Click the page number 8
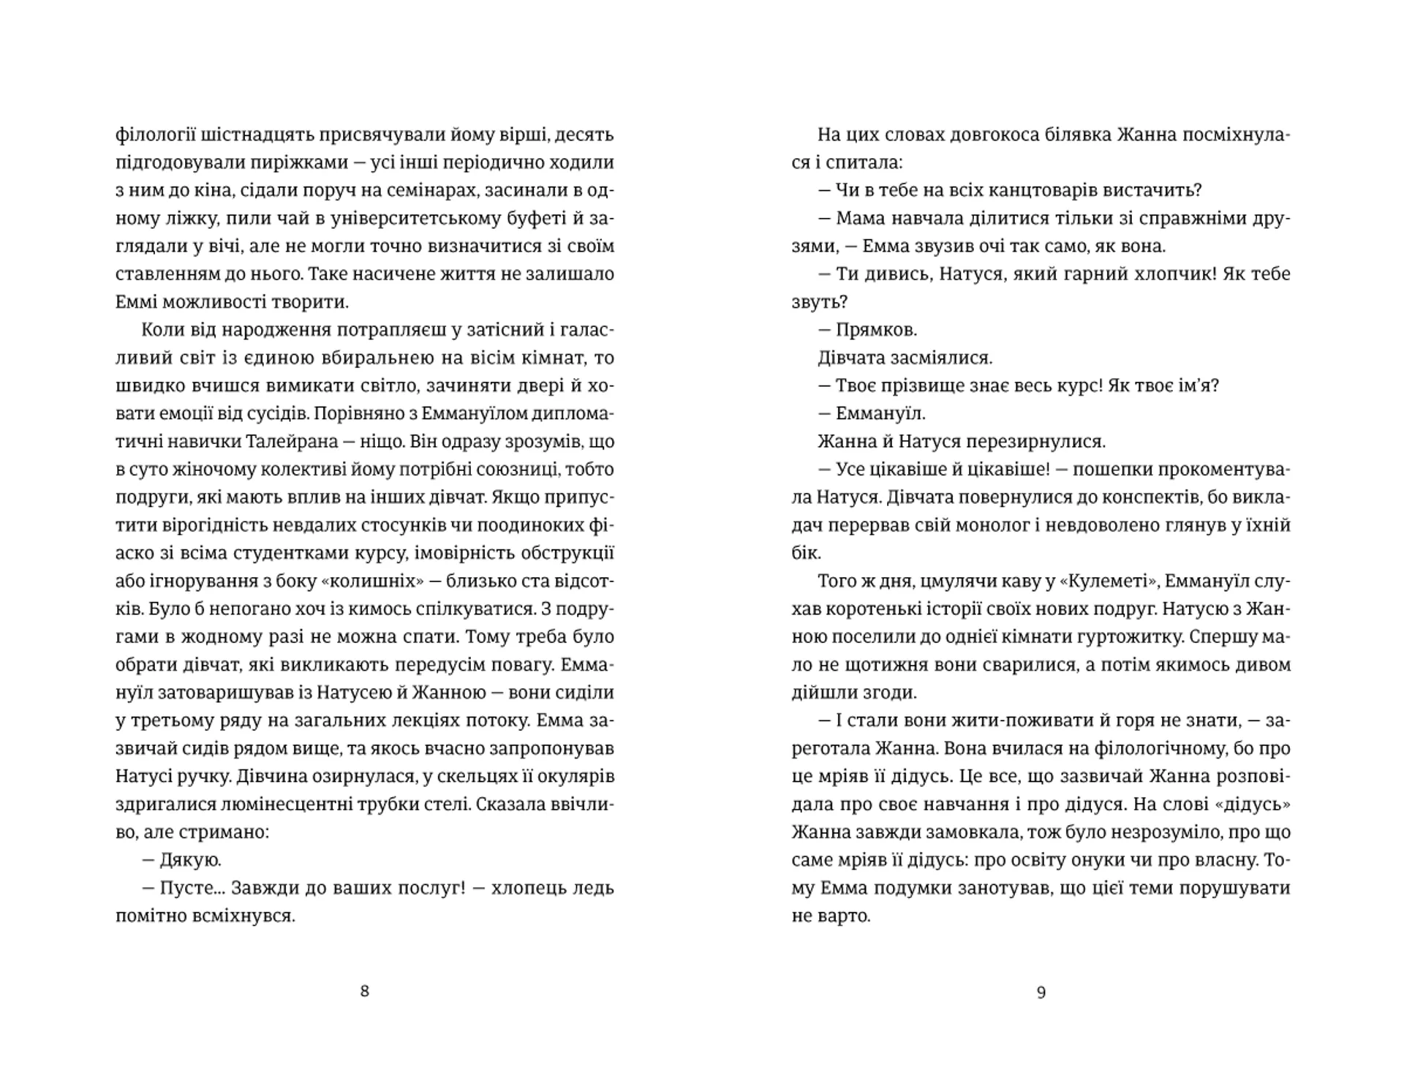[365, 991]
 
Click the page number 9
[1041, 993]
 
